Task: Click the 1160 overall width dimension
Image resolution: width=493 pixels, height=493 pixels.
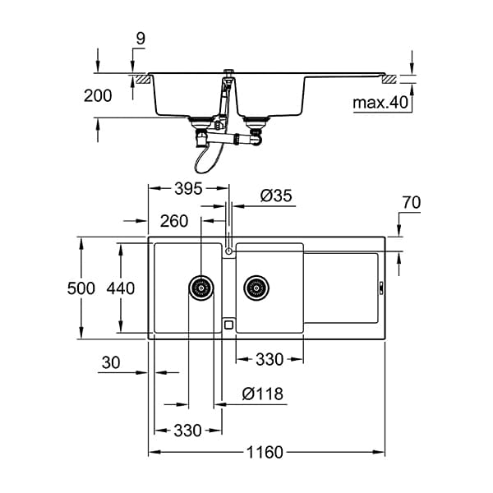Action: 265,453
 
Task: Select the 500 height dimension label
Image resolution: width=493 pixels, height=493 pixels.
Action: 81,288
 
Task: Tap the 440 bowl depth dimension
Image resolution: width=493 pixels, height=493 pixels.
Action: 121,288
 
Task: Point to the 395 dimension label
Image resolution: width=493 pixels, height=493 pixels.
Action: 188,189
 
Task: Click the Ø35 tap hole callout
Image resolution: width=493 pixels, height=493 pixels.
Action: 276,196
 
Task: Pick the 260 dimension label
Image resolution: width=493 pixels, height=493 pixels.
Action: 174,221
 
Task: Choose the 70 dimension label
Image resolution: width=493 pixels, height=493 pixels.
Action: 412,202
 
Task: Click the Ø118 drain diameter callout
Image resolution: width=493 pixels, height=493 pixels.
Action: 263,394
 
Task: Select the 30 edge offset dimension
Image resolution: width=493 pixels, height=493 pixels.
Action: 111,363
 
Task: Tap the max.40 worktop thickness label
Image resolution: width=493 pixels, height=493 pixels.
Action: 380,103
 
